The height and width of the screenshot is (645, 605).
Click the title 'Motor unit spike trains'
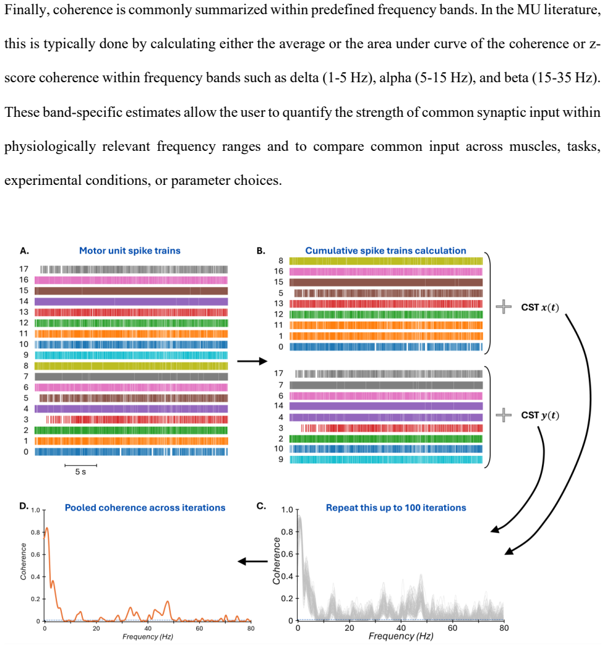pos(130,250)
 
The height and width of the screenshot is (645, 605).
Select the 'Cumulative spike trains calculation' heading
pos(385,250)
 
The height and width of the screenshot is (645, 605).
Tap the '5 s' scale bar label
pos(80,472)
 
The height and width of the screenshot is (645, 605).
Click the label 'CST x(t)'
pos(540,308)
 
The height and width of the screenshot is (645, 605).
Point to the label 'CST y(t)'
pos(540,416)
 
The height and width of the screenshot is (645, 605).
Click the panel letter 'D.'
pos(24,506)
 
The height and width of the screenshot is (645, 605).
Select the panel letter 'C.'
pos(261,506)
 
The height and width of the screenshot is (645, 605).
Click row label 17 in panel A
pos(24,269)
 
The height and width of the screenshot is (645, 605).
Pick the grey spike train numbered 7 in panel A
pos(131,377)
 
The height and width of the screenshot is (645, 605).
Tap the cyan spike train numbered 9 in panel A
pos(131,355)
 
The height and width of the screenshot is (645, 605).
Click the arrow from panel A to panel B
pos(252,361)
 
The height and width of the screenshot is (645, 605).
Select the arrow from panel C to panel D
pos(252,562)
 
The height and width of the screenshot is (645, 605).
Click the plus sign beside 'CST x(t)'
pos(504,307)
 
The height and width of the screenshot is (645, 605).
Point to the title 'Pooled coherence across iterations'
pos(145,508)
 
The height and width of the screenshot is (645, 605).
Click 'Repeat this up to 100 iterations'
pos(396,508)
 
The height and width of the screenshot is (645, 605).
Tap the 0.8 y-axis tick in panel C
pos(287,532)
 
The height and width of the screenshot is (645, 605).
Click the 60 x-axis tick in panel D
pos(199,628)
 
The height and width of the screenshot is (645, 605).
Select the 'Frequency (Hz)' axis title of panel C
pos(401,636)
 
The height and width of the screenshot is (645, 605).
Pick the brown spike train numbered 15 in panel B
pos(386,282)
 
